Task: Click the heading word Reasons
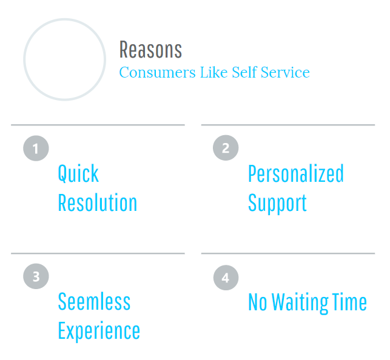point(150,50)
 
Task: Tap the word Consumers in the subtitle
point(157,72)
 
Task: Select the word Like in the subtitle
point(214,72)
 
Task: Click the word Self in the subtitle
point(244,72)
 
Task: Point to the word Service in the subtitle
point(285,72)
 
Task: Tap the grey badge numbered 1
point(36,148)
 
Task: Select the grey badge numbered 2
point(226,148)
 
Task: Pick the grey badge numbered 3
point(36,276)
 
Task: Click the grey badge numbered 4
point(226,278)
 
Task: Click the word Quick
point(78,174)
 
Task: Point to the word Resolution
point(98,202)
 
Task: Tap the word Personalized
point(296,173)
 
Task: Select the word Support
point(277,204)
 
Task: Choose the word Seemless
point(94,301)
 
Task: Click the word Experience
point(99,331)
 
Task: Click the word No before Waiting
point(258,302)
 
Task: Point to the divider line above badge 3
point(98,253)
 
